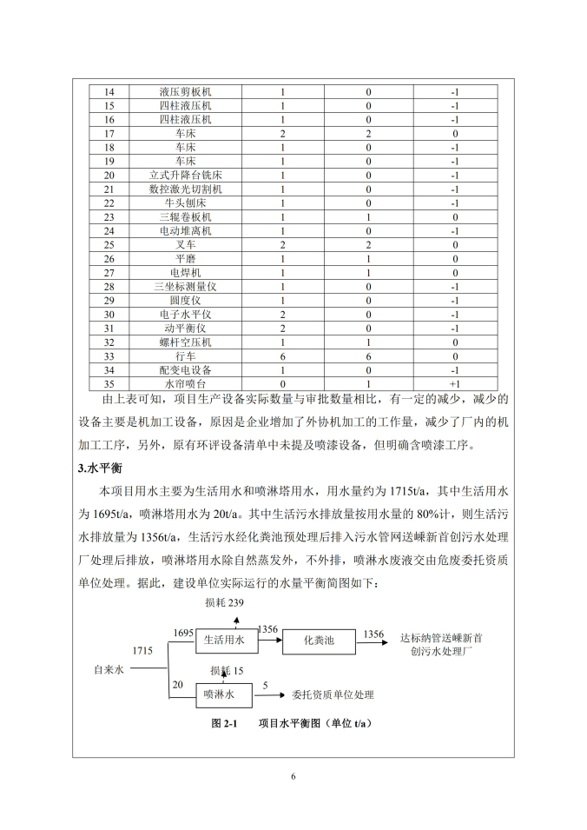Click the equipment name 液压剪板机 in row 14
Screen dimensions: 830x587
pos(185,92)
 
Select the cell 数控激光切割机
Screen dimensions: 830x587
pos(185,189)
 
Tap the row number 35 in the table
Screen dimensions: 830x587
pos(109,384)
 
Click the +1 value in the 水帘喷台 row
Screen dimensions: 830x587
pos(454,384)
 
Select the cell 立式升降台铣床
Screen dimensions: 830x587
pos(185,176)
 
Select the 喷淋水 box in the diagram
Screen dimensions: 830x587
pos(220,694)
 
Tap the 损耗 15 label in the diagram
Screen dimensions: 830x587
pos(228,671)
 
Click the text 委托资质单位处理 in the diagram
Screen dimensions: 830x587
pos(333,694)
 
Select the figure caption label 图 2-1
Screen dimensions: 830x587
pos(225,723)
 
